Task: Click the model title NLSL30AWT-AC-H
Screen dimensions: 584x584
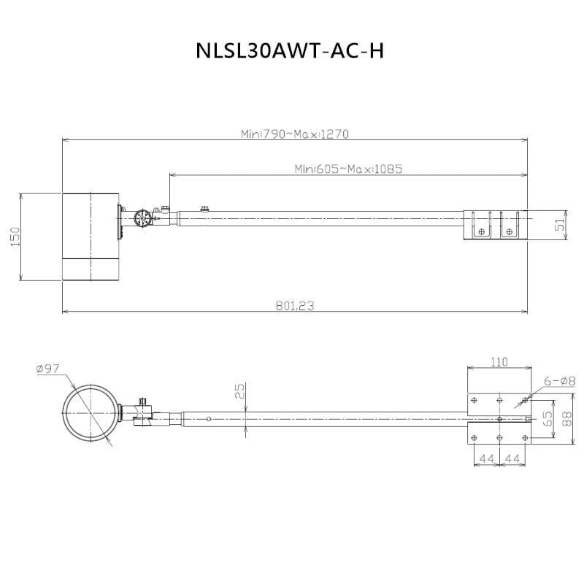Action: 290,50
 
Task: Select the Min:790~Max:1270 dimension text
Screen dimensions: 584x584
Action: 295,134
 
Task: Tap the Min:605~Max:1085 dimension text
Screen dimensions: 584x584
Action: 348,169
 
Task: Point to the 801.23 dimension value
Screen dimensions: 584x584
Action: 295,306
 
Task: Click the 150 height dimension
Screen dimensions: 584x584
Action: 15,237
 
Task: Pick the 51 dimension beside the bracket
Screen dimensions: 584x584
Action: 560,225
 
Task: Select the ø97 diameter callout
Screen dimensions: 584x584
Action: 48,369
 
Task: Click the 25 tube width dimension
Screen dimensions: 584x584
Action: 240,391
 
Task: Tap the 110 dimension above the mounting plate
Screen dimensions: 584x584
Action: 499,362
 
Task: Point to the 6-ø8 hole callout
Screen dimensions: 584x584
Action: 559,381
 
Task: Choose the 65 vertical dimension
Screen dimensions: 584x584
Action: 547,418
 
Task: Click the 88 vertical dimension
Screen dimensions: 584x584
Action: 566,418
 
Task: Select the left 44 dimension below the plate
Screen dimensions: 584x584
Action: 486,458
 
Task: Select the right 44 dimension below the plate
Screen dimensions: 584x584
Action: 512,458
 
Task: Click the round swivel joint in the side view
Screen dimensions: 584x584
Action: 142,218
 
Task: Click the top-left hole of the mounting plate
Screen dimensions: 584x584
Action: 474,400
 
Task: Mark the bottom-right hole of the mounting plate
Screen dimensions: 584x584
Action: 525,437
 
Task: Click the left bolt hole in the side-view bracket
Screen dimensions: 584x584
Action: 481,231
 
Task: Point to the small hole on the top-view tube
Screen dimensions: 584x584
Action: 209,419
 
